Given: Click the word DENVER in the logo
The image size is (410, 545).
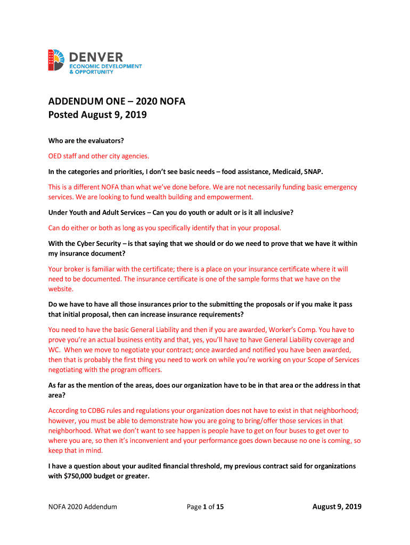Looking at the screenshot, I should point(96,56).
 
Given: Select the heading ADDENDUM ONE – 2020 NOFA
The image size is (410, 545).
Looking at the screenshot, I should point(117,102).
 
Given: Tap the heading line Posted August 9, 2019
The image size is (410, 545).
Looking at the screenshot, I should point(97,115).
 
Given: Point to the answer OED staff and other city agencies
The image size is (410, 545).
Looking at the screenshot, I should point(99,156).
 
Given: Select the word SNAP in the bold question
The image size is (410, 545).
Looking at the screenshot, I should point(314,172).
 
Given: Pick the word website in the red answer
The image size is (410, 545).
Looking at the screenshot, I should point(60,289).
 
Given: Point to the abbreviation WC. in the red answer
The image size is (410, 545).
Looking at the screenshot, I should point(55,349).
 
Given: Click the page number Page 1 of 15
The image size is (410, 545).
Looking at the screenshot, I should point(205,507).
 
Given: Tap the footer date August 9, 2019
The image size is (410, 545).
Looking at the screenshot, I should point(337,507).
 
